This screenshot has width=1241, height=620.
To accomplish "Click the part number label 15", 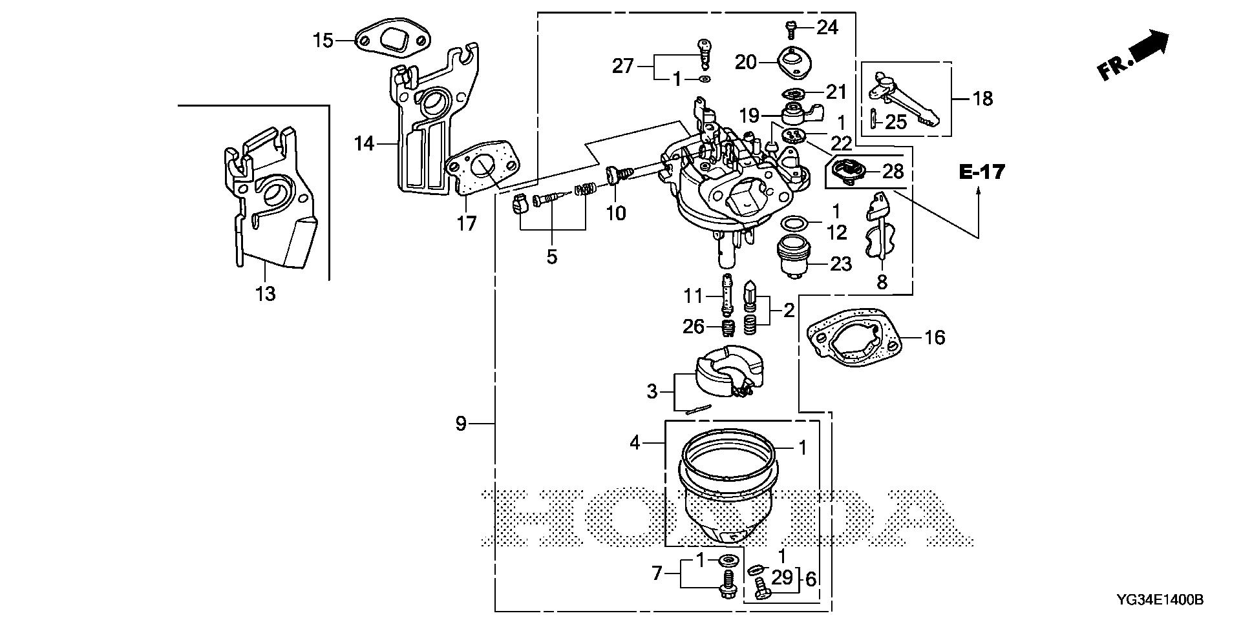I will coord(323,41).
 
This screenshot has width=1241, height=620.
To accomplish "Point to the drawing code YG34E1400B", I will coord(1160,601).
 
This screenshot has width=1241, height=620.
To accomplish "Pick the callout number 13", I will coord(266,294).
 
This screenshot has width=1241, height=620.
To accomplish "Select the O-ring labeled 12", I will coord(794,224).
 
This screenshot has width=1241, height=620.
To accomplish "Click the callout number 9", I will coord(460,424).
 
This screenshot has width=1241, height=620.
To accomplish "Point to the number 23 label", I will coord(840,263).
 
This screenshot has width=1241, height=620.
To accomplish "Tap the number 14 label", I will coord(365,143).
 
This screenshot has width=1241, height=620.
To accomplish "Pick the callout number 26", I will coord(694,327).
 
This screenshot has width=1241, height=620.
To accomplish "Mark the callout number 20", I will coord(745,62).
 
